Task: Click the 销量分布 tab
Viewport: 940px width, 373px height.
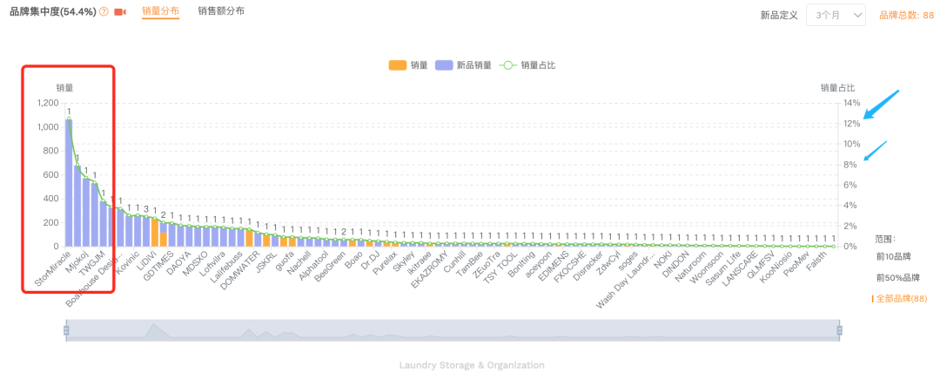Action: [x=160, y=11]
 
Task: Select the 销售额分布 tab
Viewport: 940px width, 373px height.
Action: [x=221, y=11]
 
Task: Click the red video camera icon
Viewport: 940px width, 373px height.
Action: [x=120, y=12]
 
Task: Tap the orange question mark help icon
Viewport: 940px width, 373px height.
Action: [x=104, y=12]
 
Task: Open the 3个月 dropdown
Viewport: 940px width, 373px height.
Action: [x=836, y=15]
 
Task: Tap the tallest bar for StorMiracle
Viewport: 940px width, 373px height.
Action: [x=69, y=183]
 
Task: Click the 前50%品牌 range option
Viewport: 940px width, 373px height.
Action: [x=897, y=278]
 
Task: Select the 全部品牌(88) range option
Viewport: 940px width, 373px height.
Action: [x=901, y=299]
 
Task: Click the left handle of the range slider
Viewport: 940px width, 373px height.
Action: [x=65, y=329]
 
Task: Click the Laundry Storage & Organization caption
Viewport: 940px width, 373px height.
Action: [x=472, y=365]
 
